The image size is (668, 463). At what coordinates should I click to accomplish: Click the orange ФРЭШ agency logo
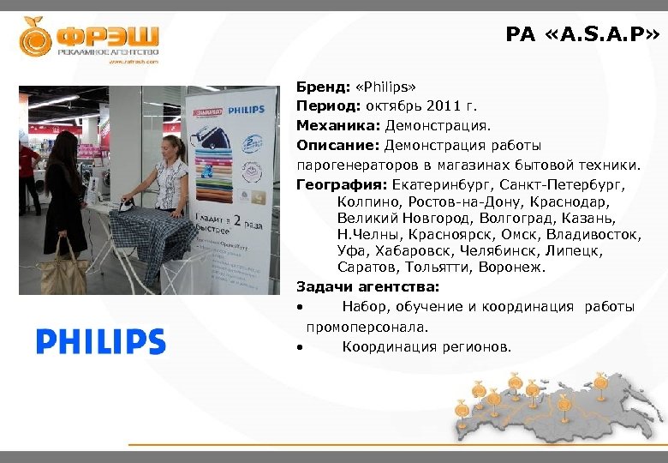[89, 39]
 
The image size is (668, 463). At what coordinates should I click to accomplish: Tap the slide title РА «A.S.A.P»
[582, 34]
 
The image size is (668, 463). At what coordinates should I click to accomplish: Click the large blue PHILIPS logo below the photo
[101, 342]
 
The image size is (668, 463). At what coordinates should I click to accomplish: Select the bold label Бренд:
[319, 87]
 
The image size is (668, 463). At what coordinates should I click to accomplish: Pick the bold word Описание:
[338, 145]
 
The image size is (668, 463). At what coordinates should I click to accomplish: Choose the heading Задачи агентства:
[367, 286]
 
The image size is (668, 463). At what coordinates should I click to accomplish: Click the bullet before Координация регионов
[300, 348]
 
